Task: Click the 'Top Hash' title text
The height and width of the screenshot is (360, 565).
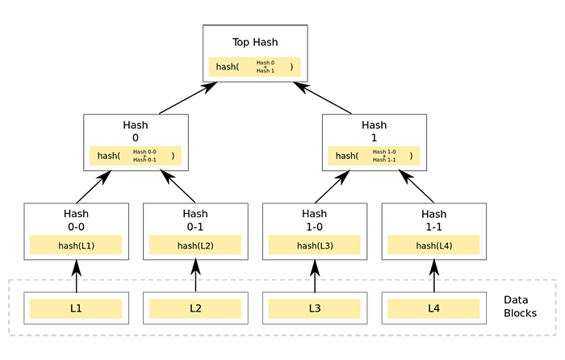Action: pos(254,42)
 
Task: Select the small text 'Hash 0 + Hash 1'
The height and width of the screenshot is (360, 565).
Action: pos(266,67)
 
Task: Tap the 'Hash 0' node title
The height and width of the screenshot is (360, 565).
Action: pos(135,132)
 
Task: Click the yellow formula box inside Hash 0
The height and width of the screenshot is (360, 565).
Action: pos(135,157)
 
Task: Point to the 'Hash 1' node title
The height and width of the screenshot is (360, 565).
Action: pos(374,132)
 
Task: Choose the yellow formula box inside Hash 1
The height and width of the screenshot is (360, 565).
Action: pos(374,157)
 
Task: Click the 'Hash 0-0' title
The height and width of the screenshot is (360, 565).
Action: pos(76,220)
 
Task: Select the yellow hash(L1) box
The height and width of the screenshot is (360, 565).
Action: pos(76,245)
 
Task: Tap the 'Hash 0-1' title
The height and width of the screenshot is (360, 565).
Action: pos(195,220)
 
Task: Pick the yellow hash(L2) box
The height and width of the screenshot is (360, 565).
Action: pos(195,245)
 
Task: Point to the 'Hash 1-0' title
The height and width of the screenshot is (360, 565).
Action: pos(314,220)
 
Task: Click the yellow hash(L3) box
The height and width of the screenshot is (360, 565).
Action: pos(314,245)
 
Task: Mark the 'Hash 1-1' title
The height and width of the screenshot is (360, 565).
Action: pos(433,220)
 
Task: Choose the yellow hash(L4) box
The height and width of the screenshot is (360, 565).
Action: pos(433,245)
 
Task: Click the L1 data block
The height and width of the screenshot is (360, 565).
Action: pos(76,309)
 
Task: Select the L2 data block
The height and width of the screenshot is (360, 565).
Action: pos(195,309)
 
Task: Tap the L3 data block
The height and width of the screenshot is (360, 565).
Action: pos(314,309)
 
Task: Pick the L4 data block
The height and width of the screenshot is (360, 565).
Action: pos(433,309)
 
